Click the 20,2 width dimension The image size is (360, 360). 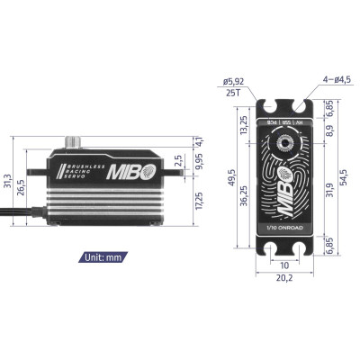[283, 279]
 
